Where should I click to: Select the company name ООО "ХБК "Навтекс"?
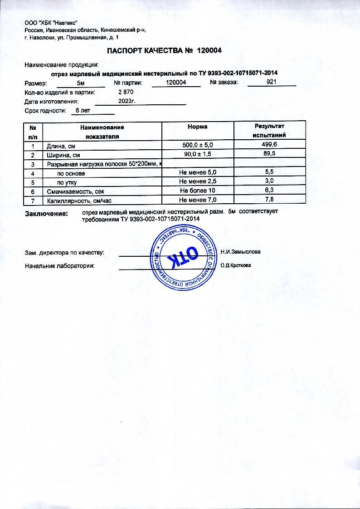51,23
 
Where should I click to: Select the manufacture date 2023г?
127,101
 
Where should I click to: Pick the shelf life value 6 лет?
83,111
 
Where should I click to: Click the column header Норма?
198,127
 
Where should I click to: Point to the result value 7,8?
269,200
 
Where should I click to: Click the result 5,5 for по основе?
269,172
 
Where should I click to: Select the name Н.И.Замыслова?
241,251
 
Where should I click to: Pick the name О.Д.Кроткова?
236,266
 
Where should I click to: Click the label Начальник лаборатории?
60,266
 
